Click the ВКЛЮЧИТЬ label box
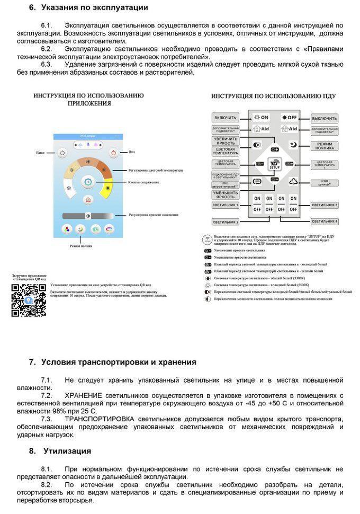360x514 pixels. point(225,118)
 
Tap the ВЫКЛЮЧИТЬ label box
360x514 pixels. point(325,118)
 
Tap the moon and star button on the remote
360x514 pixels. point(292,144)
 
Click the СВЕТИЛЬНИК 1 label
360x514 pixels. point(226,205)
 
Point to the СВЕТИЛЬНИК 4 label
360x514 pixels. point(325,221)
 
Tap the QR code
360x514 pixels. point(29,300)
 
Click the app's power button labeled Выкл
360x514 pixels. point(62,153)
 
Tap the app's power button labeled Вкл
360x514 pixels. point(114,153)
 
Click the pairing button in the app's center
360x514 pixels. point(88,182)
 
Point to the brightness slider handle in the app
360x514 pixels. point(87,216)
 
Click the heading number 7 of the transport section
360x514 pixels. point(32,362)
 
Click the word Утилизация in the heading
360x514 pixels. point(67,451)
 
